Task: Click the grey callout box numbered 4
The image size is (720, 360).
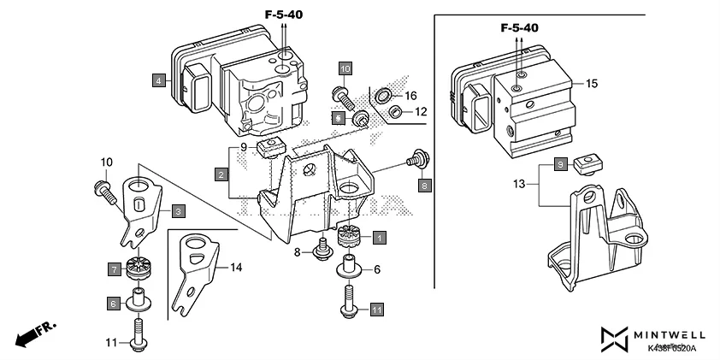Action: coord(158,81)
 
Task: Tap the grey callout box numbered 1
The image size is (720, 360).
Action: coord(377,236)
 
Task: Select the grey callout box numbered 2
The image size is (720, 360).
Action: coord(221,174)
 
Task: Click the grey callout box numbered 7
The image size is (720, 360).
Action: coord(114,269)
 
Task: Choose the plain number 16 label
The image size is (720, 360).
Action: coord(410,95)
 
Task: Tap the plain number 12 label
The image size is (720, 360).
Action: coord(420,112)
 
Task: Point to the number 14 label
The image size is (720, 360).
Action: coord(237,268)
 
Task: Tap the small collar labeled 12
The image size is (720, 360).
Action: coord(396,112)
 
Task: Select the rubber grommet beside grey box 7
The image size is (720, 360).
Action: coord(137,268)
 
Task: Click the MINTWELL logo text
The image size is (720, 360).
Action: coord(664,334)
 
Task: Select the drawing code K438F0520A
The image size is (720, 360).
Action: coord(671,349)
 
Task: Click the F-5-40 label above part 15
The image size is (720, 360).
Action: coord(519,27)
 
